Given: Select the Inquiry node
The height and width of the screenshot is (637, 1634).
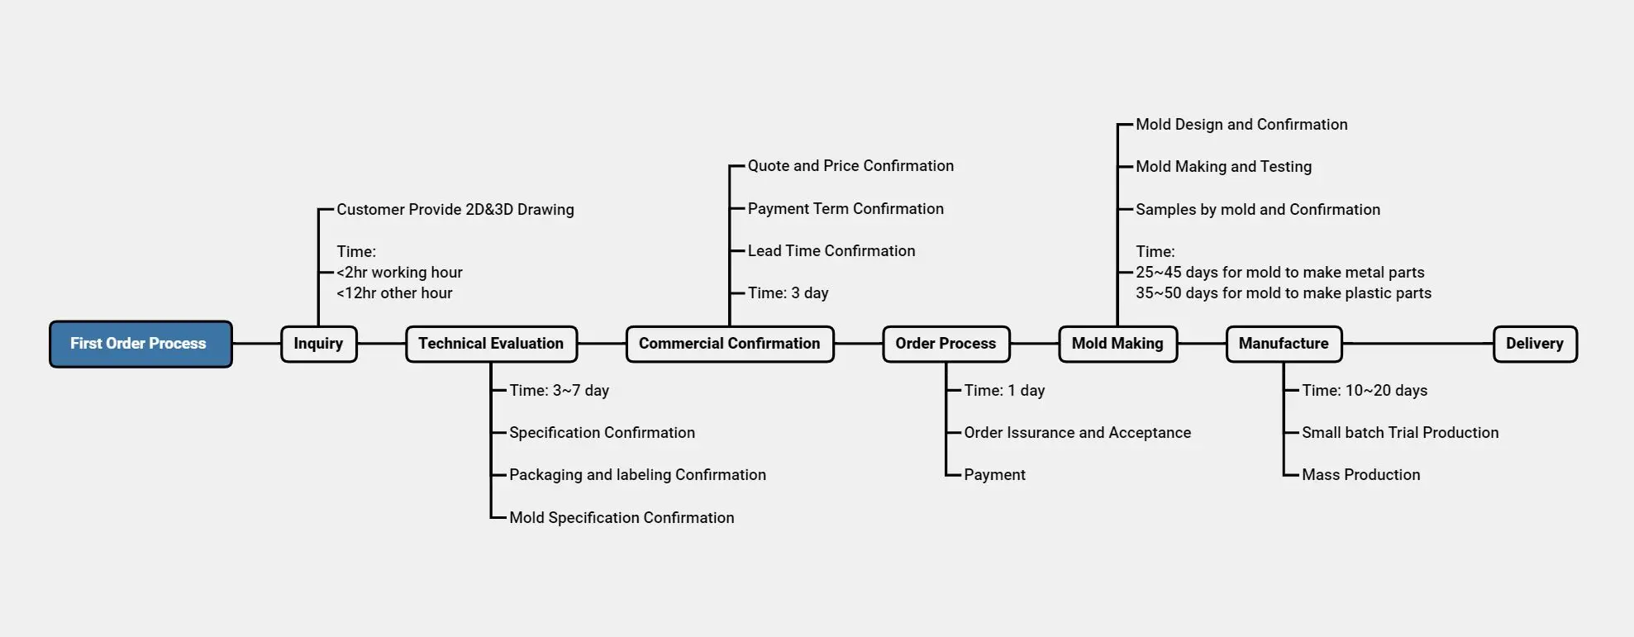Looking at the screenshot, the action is (318, 344).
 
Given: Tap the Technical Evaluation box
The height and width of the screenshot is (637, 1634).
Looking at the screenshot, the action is (491, 344).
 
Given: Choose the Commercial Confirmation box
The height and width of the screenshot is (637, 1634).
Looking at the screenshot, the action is (729, 344).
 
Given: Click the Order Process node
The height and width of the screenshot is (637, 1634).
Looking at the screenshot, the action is (946, 344).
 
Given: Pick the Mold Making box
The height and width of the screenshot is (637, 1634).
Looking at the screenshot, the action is (1117, 344).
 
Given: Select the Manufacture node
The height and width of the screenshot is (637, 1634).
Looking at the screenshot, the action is (1284, 344).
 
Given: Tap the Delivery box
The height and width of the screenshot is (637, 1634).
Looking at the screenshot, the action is (1534, 344).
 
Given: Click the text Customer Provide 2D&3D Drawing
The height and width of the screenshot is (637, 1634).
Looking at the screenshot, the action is (455, 210).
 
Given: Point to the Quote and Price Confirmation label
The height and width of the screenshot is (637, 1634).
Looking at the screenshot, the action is (850, 166).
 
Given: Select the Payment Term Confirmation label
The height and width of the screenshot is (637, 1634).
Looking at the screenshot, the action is (846, 209).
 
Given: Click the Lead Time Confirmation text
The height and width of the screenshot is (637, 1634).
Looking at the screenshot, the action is (831, 251).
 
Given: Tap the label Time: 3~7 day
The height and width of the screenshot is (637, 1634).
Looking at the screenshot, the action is (559, 391).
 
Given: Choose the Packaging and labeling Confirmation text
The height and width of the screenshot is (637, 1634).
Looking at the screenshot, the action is (637, 475).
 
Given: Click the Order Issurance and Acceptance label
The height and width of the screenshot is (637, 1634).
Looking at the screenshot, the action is (1077, 433).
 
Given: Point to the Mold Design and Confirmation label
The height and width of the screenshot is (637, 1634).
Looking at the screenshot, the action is (1241, 125).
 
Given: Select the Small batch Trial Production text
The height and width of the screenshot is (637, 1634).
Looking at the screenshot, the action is (1400, 433).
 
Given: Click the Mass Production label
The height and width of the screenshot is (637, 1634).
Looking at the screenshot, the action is (1360, 475).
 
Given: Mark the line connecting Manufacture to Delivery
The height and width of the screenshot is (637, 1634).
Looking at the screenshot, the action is (1417, 344).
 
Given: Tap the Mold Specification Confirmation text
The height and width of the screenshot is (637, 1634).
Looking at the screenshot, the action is (622, 518).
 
